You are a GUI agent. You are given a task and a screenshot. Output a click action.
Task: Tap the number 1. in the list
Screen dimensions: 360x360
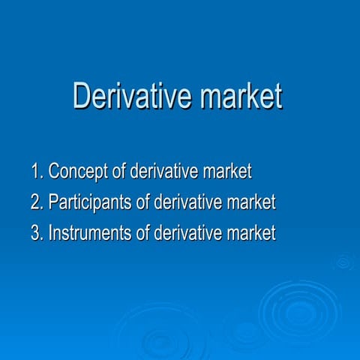point(37,172)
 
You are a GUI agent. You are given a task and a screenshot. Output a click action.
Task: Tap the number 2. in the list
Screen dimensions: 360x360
point(37,202)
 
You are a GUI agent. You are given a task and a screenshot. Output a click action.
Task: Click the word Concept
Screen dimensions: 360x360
point(79,172)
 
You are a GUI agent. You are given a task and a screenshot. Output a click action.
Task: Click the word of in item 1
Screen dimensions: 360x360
point(119,172)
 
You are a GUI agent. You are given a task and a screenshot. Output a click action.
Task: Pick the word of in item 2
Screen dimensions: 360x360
point(142,202)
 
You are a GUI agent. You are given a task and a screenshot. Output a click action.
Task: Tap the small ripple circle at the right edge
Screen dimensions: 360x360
point(344,262)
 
